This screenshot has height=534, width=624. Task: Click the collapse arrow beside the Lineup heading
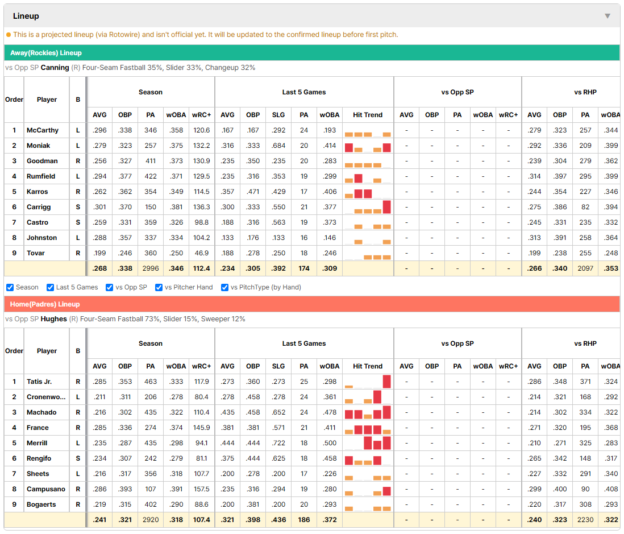[x=608, y=16]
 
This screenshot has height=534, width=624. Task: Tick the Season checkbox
[x=10, y=288]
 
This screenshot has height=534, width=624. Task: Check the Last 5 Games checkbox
[x=50, y=288]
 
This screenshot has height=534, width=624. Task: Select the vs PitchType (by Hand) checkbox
[x=225, y=288]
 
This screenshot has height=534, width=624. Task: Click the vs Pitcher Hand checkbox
[x=159, y=288]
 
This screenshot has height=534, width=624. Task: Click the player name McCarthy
[x=43, y=130]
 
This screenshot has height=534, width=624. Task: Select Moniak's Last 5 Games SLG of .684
[x=278, y=146]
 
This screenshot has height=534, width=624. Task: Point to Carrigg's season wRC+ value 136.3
[x=202, y=207]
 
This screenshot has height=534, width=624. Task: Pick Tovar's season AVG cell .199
[x=99, y=253]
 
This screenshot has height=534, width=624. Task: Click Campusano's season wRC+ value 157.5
[x=202, y=489]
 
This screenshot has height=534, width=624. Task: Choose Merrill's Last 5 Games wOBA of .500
[x=330, y=443]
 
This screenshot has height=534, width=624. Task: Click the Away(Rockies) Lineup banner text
[x=46, y=53]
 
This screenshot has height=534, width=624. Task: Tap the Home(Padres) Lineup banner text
[x=45, y=304]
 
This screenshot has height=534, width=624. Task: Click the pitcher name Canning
[x=55, y=68]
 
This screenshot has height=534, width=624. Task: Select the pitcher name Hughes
[x=54, y=319]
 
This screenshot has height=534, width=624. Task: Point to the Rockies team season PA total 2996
[x=151, y=268]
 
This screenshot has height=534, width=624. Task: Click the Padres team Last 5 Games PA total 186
[x=304, y=520]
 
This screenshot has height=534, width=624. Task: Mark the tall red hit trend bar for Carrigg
[x=387, y=207]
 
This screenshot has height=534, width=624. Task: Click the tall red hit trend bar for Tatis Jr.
[x=387, y=382]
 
